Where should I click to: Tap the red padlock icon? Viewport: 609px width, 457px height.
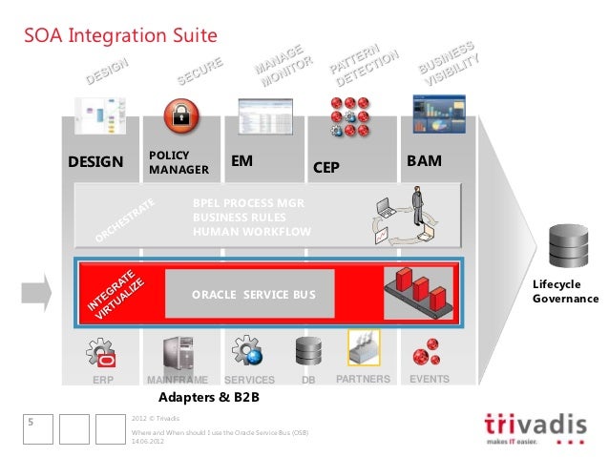click(x=180, y=118)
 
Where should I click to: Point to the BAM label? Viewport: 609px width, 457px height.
click(x=424, y=162)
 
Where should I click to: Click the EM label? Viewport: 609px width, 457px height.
click(x=242, y=162)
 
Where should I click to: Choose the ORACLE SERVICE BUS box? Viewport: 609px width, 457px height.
click(x=250, y=294)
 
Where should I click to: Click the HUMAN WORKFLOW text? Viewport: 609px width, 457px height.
click(x=252, y=231)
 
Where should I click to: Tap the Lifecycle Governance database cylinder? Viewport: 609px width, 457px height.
click(x=569, y=247)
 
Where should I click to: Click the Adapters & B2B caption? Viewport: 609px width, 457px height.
click(x=209, y=396)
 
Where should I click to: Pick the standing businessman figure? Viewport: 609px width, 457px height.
click(x=416, y=207)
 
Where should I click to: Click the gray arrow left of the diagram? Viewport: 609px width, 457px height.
click(x=36, y=284)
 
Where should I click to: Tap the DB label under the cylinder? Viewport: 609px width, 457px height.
click(x=308, y=380)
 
